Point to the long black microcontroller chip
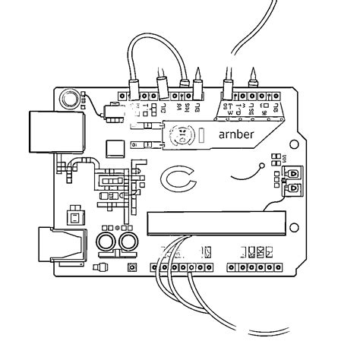(216, 222)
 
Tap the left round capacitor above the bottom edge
(106, 242)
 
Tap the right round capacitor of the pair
(126, 242)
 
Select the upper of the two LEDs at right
(292, 174)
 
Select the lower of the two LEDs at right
(292, 187)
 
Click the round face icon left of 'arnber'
(182, 135)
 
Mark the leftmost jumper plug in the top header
(134, 88)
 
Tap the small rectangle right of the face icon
(202, 136)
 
